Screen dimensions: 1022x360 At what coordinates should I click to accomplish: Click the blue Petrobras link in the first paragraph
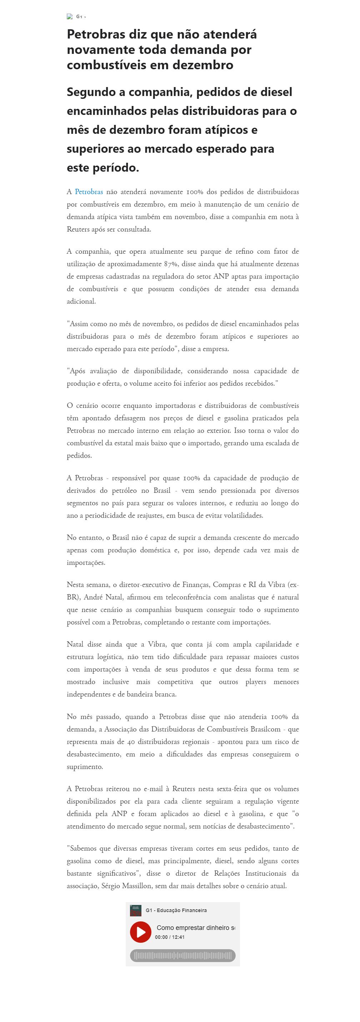[x=89, y=192]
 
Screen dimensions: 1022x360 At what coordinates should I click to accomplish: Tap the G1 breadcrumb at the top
[x=79, y=17]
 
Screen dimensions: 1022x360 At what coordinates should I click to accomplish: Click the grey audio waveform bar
[x=182, y=955]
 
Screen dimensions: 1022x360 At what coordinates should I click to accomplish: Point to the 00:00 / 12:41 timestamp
[x=170, y=937]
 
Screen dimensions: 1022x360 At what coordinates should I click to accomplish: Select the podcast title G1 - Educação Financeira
[x=176, y=910]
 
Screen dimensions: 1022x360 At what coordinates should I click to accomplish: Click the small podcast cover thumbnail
[x=135, y=910]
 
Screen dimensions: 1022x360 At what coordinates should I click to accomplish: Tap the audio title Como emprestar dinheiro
[x=195, y=927]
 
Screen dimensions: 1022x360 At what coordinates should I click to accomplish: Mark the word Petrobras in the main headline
[x=96, y=34]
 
